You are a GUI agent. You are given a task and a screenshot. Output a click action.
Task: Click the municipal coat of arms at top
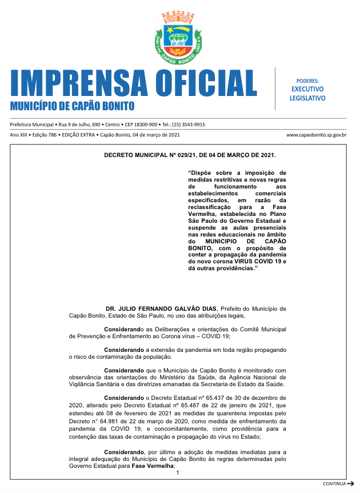click(x=179, y=38)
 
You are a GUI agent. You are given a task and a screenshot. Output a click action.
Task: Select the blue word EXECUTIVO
click(x=307, y=89)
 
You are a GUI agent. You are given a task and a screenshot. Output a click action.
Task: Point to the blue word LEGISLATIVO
click(x=307, y=98)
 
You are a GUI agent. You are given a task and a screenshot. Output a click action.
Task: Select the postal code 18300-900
click(x=141, y=125)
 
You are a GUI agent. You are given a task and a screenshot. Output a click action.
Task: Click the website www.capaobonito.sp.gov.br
click(x=317, y=135)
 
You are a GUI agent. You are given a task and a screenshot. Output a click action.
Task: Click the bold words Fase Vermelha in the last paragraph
click(x=152, y=466)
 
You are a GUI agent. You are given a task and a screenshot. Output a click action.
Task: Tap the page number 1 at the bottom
click(x=178, y=472)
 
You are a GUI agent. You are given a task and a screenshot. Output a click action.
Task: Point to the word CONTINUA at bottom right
click(x=334, y=484)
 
